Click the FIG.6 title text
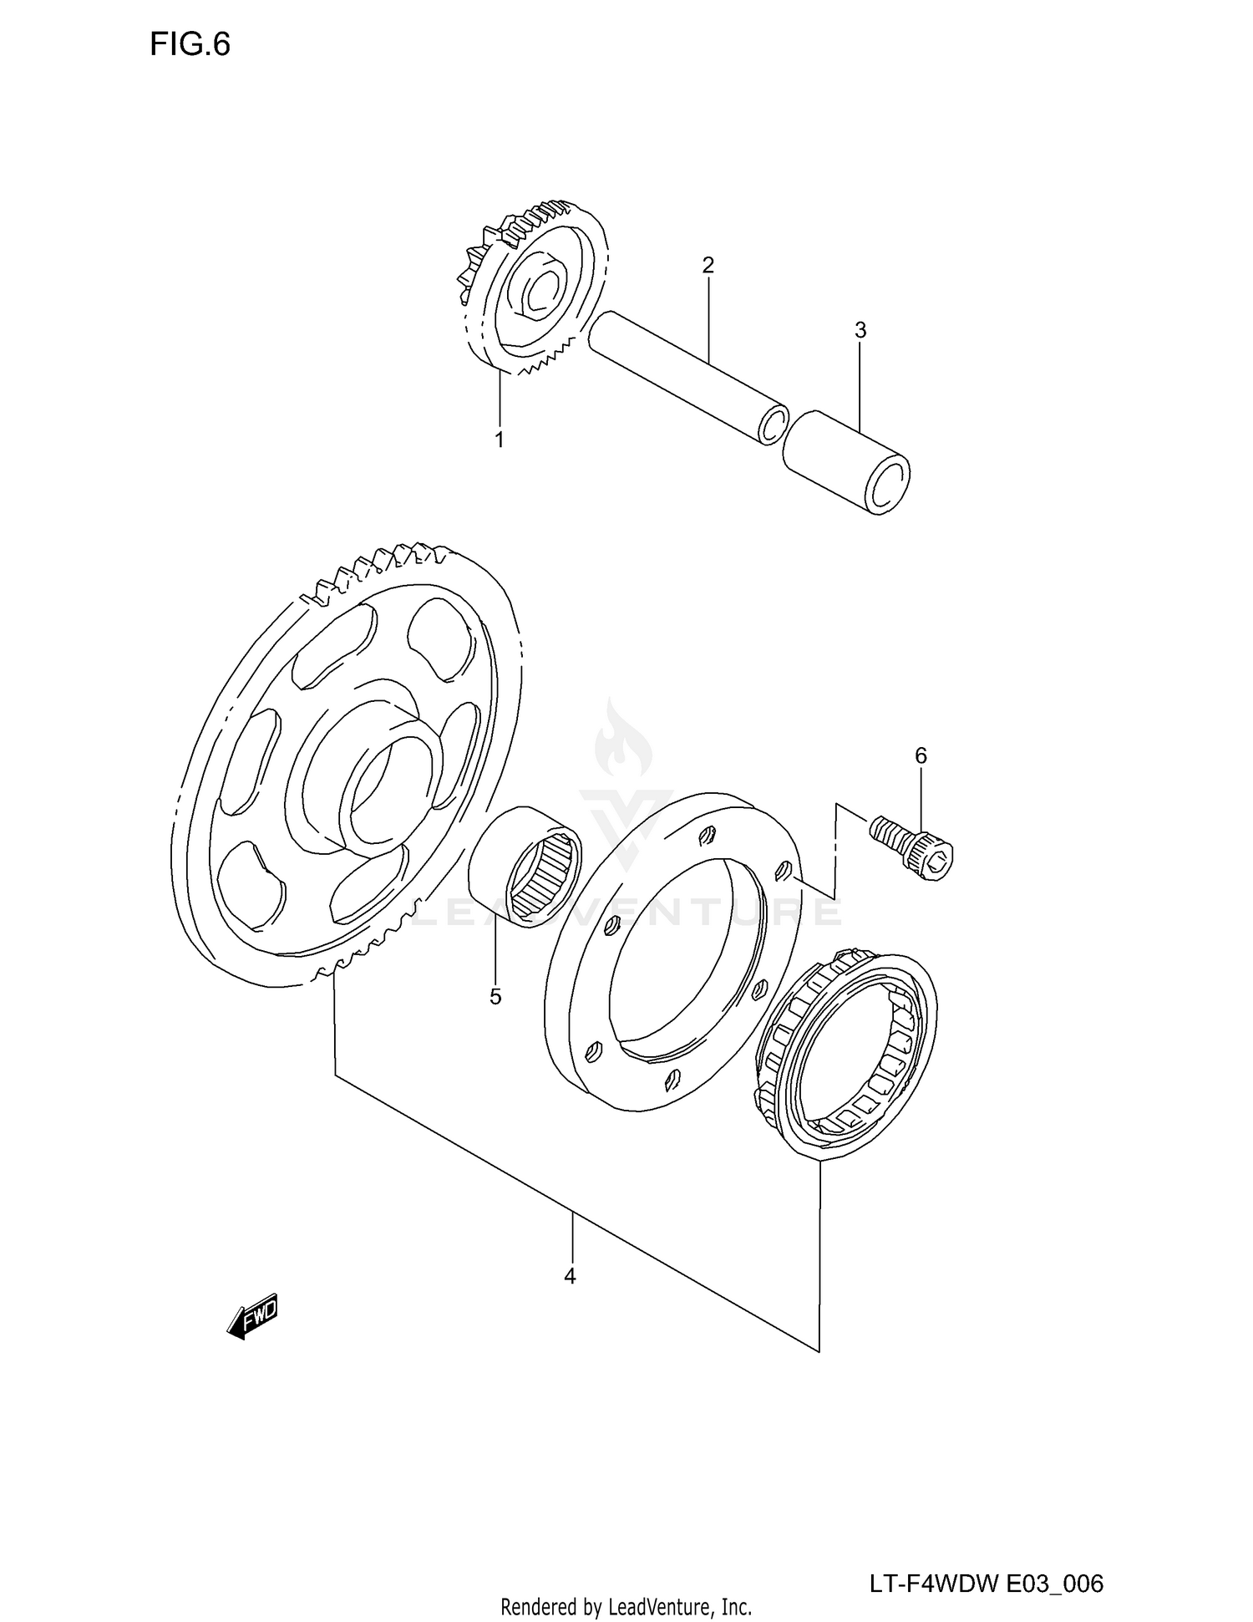190,44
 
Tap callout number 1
500,440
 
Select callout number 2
708,266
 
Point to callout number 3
860,330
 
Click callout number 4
570,1276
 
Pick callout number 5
495,997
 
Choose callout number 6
921,755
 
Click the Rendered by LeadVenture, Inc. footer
626,1605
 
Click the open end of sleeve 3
888,485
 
